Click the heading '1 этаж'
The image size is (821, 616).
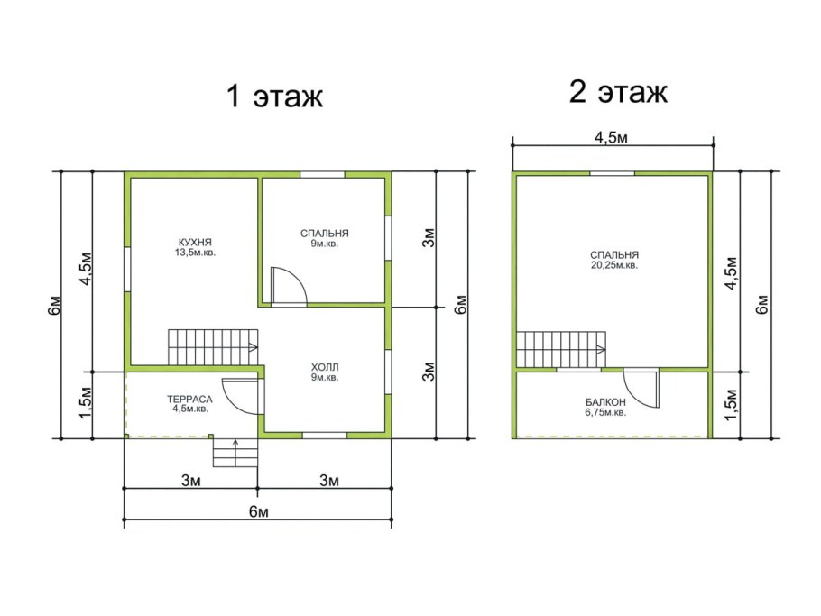(274, 96)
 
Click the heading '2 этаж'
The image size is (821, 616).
(618, 92)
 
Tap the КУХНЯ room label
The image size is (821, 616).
(195, 243)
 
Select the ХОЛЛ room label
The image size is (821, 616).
(325, 367)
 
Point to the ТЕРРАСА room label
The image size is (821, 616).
(189, 400)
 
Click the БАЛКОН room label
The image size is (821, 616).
(605, 402)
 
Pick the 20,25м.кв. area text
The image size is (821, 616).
(614, 265)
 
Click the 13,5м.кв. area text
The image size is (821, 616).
(195, 253)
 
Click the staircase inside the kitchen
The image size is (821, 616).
(213, 347)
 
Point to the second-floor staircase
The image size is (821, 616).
(561, 350)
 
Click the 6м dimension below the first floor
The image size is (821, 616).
(259, 511)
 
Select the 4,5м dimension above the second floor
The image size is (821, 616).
(611, 138)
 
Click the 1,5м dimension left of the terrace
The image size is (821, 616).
(85, 404)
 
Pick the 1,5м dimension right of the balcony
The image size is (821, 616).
(732, 404)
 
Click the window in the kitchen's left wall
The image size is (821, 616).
(127, 269)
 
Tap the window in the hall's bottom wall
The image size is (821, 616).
(325, 436)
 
